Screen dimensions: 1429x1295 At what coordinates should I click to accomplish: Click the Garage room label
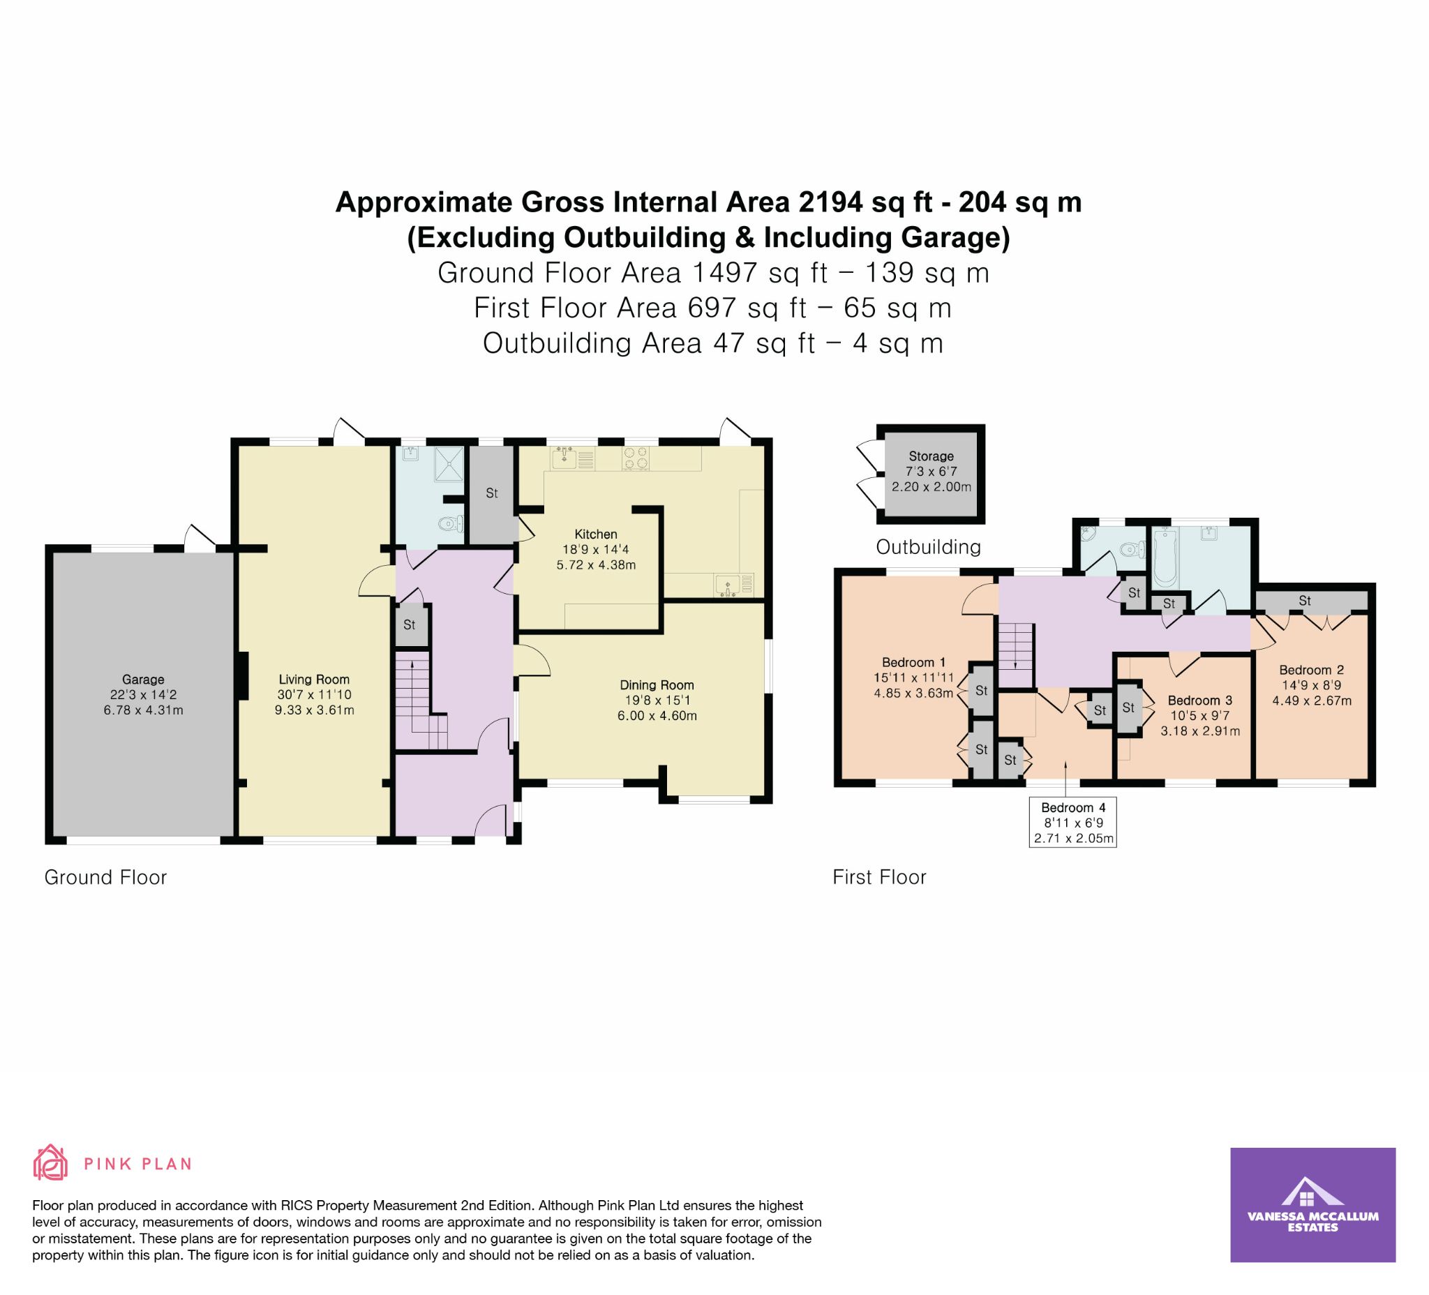(143, 680)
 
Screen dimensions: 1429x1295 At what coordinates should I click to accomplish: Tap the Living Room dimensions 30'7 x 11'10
(314, 695)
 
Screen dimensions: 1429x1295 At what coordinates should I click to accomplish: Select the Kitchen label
(595, 534)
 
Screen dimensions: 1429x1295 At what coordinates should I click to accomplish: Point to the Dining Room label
(657, 684)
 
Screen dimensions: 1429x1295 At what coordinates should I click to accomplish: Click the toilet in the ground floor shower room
(451, 525)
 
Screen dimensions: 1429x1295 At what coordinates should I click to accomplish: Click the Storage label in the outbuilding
(931, 456)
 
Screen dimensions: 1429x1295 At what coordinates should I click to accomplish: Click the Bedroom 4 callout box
(1072, 821)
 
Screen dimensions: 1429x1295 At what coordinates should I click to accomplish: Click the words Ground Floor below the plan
(105, 878)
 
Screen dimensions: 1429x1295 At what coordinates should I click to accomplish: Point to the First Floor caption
(880, 878)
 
